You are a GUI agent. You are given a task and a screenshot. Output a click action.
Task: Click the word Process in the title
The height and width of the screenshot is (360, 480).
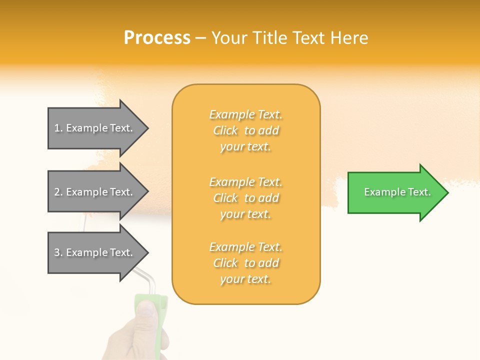157,38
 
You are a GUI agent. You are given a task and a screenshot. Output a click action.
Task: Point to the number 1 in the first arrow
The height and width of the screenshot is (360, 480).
57,128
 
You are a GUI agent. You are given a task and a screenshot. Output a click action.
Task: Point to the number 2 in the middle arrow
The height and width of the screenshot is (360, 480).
57,192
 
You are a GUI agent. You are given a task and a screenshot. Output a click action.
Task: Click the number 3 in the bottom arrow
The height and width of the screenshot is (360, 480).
57,252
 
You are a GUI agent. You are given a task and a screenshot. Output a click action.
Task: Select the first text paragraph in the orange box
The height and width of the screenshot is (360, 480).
245,130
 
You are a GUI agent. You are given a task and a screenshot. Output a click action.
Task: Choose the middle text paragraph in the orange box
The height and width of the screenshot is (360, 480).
245,198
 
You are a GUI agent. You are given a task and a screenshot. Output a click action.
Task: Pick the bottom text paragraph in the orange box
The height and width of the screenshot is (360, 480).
245,263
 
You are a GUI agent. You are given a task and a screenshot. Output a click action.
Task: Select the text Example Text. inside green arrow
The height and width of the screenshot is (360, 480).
397,192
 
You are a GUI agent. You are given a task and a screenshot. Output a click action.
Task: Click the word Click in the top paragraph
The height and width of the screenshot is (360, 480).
225,130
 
